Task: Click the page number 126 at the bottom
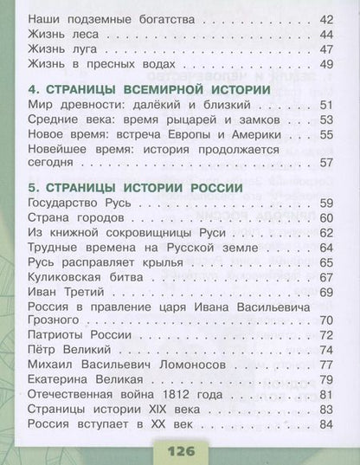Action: point(179,452)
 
